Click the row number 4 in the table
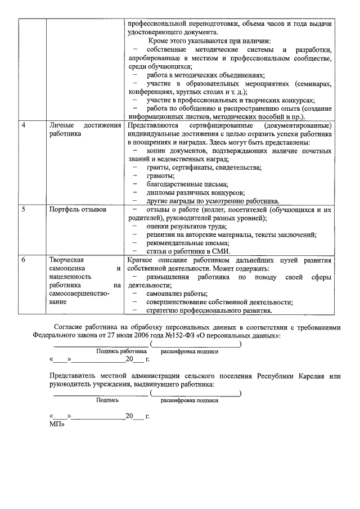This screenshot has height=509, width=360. coord(23,125)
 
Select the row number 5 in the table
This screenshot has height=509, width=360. coord(23,210)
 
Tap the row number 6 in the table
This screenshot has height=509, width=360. coord(23,260)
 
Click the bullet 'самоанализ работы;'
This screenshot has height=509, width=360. coord(177,294)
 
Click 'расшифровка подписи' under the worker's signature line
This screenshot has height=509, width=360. coord(190,351)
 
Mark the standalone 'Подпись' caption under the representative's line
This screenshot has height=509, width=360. coord(107,400)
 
